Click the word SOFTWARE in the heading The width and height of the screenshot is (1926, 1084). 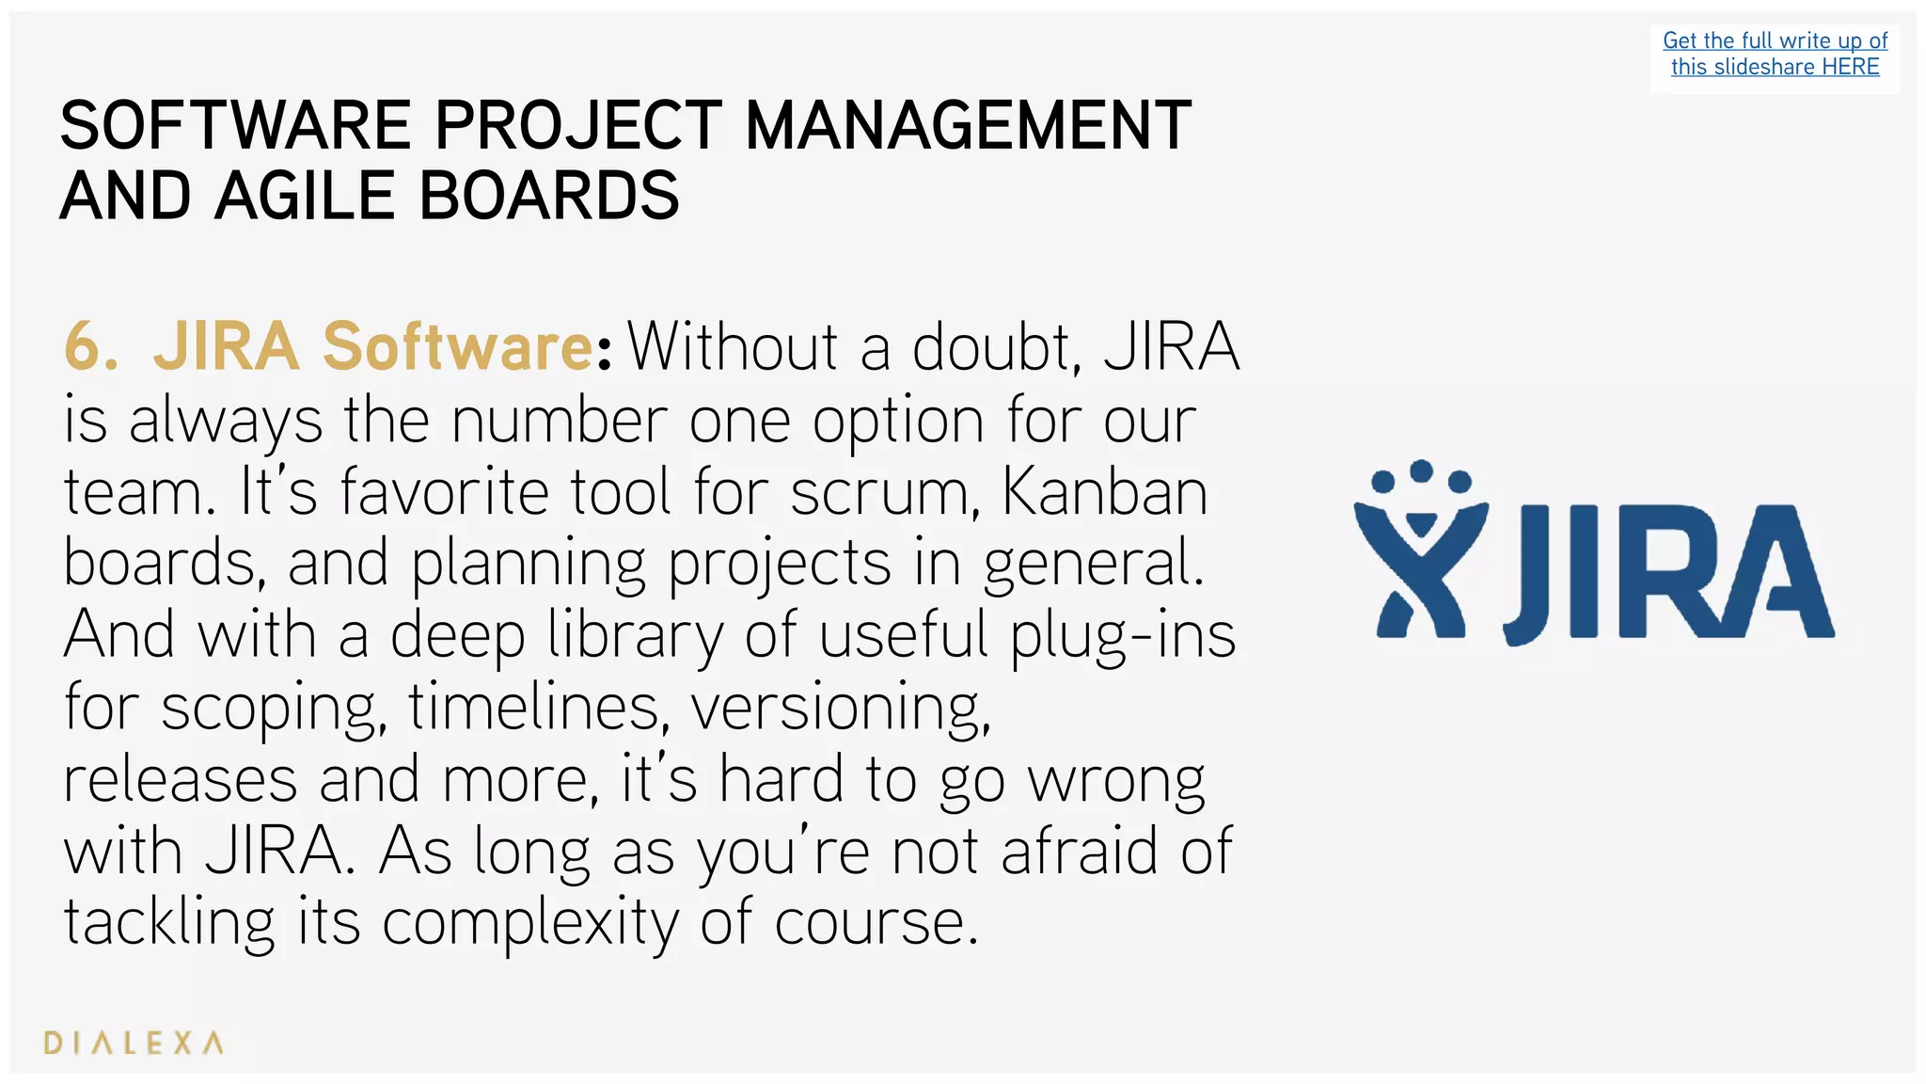236,126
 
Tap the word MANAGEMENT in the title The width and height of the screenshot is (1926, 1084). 968,126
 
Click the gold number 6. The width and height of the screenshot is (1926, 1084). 89,347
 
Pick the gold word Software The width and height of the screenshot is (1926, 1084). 458,347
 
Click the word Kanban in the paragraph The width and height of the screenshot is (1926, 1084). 1104,491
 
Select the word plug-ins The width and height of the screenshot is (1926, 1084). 1123,636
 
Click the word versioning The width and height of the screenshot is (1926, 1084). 841,708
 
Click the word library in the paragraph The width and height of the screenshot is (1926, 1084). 636,636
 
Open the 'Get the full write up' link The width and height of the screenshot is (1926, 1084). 1775,41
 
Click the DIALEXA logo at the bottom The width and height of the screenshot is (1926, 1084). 134,1043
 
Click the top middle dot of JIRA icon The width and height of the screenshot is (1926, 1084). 1422,470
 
